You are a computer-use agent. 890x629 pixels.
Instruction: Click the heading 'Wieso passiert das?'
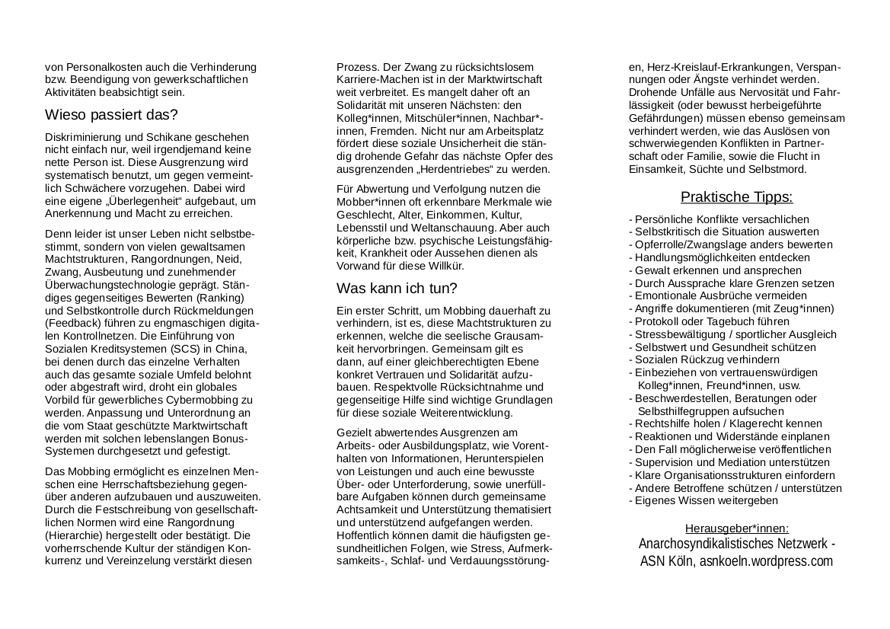[x=111, y=115]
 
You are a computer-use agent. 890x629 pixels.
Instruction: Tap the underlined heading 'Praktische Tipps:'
[x=736, y=197]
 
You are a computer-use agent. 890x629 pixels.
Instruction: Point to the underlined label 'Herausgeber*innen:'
[x=736, y=528]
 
